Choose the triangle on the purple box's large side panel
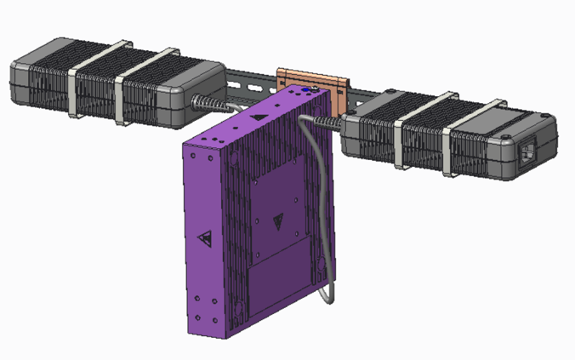coord(278,224)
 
